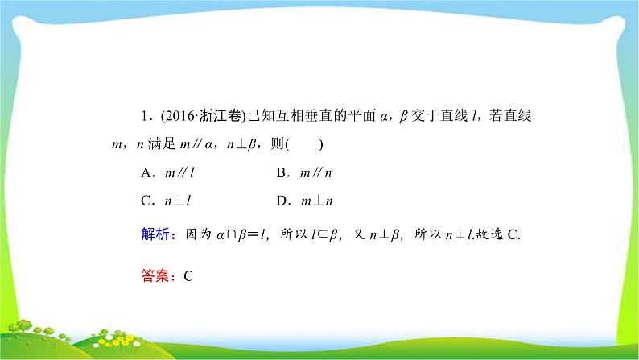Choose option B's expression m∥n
pyautogui.click(x=314, y=172)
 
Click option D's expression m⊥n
pyautogui.click(x=315, y=200)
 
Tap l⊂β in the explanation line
pyautogui.click(x=330, y=234)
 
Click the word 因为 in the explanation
pyautogui.click(x=197, y=234)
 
